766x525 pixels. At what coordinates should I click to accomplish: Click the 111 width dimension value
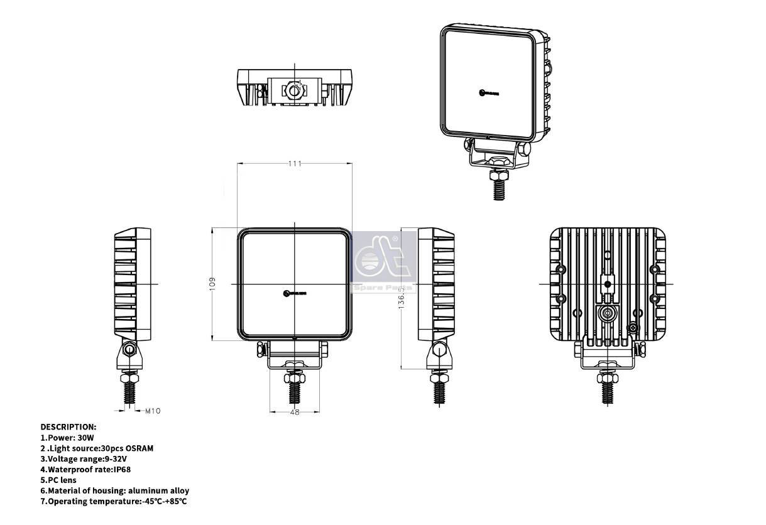point(295,163)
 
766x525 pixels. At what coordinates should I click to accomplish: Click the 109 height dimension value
point(212,283)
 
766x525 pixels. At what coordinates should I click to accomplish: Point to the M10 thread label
point(153,411)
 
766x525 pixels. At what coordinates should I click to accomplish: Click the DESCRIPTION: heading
point(68,426)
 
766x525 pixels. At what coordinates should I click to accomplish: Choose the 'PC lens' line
point(62,480)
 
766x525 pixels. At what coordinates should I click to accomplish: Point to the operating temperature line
point(114,501)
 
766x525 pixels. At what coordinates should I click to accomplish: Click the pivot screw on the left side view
point(129,350)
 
